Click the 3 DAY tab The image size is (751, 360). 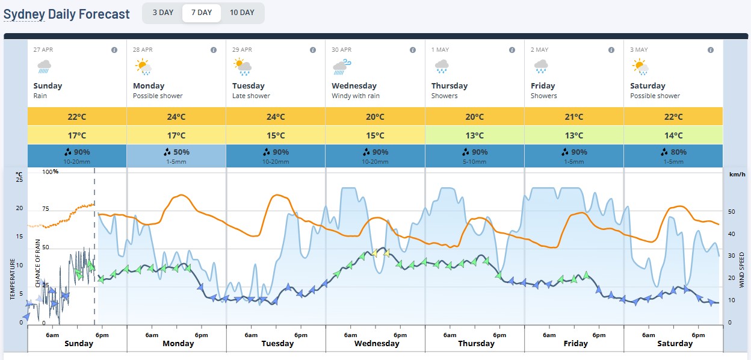tap(162, 13)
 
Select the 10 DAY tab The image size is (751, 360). tap(242, 13)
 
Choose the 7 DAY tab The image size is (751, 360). tap(202, 13)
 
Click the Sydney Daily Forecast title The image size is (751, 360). tap(67, 14)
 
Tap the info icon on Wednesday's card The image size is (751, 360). tap(412, 50)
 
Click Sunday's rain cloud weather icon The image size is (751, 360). tap(44, 67)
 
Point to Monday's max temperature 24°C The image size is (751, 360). tap(176, 117)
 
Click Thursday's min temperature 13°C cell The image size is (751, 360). tap(474, 135)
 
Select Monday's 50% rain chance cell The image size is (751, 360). tap(176, 156)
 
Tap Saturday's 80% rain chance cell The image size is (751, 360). tap(673, 156)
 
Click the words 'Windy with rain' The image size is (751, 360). tap(356, 96)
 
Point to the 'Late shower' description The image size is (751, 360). tap(251, 96)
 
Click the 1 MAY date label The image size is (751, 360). tap(440, 49)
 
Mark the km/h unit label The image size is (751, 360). tap(737, 175)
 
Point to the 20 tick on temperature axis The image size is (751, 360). tap(19, 208)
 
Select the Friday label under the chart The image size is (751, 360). tap(575, 344)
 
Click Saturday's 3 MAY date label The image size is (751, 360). tap(639, 49)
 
